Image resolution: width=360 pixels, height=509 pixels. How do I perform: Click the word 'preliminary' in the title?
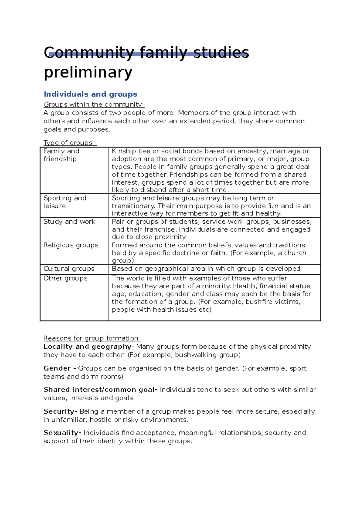tap(88, 72)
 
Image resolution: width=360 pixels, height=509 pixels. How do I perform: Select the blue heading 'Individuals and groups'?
tap(90, 94)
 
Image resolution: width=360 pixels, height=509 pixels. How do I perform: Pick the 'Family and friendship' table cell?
tap(61, 155)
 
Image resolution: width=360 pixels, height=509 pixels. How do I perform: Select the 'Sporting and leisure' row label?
tap(65, 202)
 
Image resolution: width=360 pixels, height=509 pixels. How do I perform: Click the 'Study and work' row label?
tap(69, 222)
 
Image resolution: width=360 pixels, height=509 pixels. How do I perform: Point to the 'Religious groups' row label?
tap(71, 245)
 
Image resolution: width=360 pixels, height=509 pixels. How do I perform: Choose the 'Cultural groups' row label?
tap(69, 269)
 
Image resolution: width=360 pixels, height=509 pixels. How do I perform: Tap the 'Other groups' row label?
tap(65, 278)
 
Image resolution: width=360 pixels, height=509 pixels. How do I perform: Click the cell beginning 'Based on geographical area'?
tap(206, 269)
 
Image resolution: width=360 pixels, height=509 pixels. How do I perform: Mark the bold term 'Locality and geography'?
tap(87, 347)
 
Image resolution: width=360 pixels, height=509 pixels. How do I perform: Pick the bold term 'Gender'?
tap(57, 368)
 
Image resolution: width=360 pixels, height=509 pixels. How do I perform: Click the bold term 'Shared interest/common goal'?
tap(100, 390)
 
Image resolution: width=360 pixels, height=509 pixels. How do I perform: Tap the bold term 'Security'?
tap(60, 412)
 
